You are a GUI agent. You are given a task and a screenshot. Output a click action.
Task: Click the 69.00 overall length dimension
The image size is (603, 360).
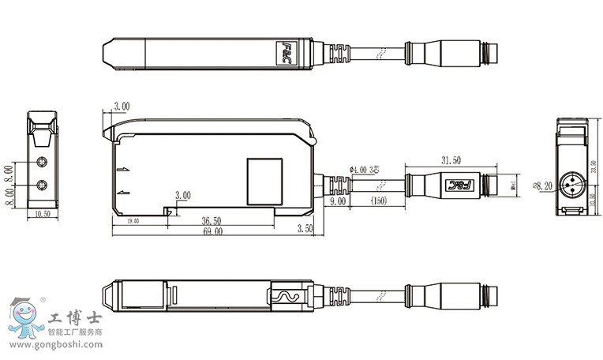pyautogui.click(x=212, y=231)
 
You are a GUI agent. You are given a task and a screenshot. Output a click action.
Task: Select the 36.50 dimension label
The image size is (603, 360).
pyautogui.click(x=211, y=221)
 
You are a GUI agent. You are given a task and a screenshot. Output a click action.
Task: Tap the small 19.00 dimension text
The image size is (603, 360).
pyautogui.click(x=132, y=221)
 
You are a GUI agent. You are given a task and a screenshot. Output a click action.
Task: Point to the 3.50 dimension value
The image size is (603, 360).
pyautogui.click(x=304, y=229)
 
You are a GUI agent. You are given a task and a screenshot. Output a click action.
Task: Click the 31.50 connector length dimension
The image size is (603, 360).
pyautogui.click(x=451, y=160)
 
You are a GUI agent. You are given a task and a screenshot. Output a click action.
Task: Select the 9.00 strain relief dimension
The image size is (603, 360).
pyautogui.click(x=338, y=201)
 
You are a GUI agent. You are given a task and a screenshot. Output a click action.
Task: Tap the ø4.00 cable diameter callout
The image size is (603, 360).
pyautogui.click(x=364, y=169)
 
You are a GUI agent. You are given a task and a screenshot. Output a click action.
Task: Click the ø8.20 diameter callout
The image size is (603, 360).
pyautogui.click(x=542, y=186)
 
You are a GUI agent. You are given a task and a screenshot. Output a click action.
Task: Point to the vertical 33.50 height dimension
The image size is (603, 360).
pyautogui.click(x=594, y=166)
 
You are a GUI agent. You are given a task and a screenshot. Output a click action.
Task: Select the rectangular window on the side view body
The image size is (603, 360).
pyautogui.click(x=264, y=179)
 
